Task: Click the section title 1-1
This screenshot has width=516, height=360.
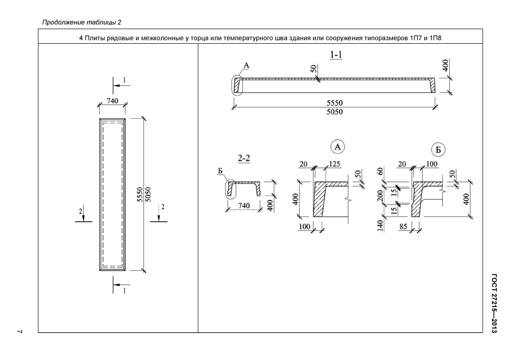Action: [x=336, y=55]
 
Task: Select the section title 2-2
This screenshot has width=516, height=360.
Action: [x=244, y=158]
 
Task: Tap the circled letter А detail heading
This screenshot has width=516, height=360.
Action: [x=338, y=147]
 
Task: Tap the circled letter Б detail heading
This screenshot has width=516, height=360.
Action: [x=438, y=150]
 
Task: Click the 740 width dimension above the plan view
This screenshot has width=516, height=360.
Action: [x=112, y=101]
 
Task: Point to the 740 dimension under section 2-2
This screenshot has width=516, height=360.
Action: [x=244, y=206]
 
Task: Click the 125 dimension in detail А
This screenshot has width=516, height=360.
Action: [x=334, y=164]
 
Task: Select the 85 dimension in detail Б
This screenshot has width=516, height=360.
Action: [x=403, y=227]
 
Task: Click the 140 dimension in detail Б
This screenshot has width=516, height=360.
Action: [x=380, y=226]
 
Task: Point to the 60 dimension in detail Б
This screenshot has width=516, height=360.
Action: [x=380, y=171]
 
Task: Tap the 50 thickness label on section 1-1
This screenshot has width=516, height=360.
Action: [x=313, y=68]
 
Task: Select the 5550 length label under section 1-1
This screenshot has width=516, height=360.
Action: [x=334, y=103]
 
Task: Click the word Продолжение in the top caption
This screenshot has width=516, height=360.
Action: [x=63, y=23]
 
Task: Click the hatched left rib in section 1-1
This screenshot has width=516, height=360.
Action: [x=237, y=86]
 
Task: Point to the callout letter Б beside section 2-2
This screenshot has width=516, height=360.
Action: [x=220, y=171]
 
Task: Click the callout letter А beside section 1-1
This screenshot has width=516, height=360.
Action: [x=246, y=65]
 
